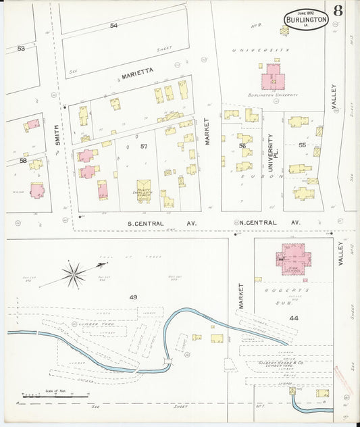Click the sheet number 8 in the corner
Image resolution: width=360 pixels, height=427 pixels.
tap(336, 11)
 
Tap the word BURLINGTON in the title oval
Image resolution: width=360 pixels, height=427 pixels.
tap(307, 20)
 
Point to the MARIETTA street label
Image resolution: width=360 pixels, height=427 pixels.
tap(138, 70)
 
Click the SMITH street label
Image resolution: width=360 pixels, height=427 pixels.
tap(58, 134)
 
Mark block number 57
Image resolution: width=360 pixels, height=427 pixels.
tap(144, 147)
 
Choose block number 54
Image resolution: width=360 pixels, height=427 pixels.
tap(113, 26)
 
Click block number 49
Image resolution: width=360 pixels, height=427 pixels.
tap(133, 297)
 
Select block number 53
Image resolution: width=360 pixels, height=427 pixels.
tap(21, 49)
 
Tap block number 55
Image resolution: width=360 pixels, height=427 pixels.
tap(302, 145)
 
